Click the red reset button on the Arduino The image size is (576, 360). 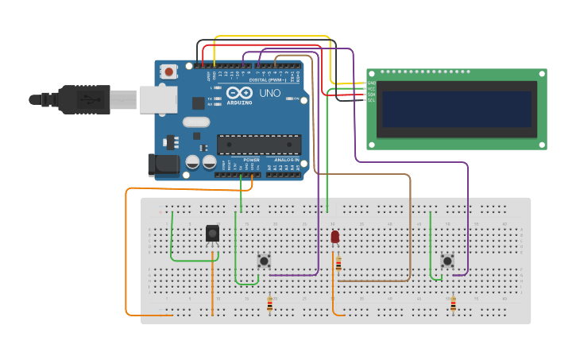pos(168,72)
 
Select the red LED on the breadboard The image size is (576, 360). pos(334,236)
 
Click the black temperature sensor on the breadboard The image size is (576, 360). pos(212,233)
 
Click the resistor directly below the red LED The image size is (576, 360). pos(338,264)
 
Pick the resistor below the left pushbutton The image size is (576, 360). pos(269,304)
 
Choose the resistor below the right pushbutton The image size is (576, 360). pos(453,304)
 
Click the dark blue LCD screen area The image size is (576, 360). pos(456,109)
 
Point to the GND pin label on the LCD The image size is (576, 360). pos(371,83)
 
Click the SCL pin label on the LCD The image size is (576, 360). pos(371,99)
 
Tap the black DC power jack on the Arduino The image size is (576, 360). pos(164,165)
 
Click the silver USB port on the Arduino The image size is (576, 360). pos(157,99)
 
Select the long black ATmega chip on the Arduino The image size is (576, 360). pos(259,145)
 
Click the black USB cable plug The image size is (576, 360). pos(83,99)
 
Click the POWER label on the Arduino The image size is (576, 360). pos(251,160)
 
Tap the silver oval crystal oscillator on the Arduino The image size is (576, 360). pos(195,122)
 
